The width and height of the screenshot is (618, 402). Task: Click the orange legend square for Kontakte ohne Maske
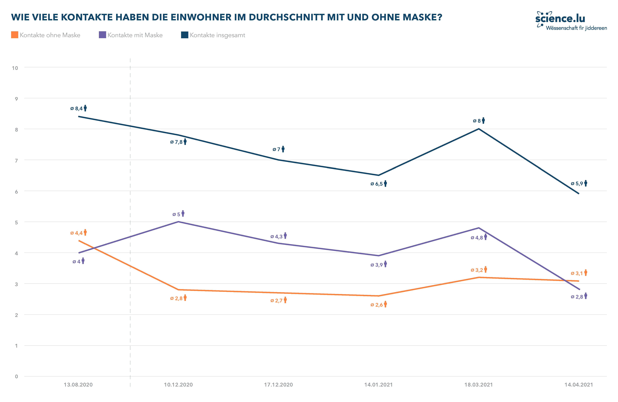click(15, 35)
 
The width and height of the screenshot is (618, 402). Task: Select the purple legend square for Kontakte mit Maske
click(102, 35)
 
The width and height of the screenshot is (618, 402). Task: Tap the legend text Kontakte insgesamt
click(217, 35)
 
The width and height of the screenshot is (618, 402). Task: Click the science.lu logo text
click(560, 18)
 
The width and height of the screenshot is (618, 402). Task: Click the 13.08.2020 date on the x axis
click(78, 385)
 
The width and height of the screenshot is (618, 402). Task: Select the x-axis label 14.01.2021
click(378, 385)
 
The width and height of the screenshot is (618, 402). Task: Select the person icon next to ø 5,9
click(586, 183)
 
